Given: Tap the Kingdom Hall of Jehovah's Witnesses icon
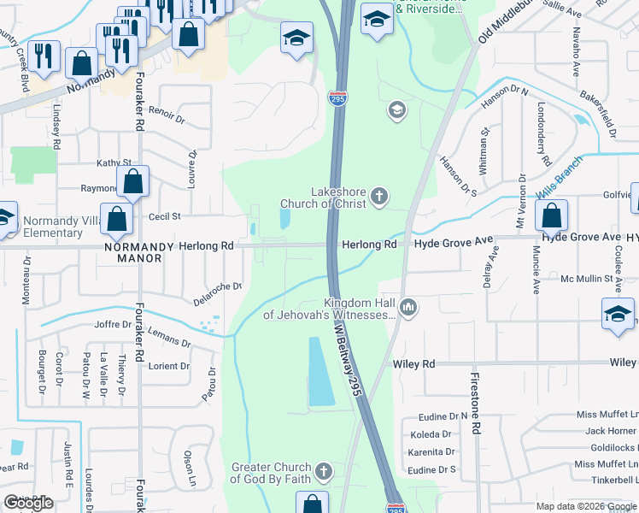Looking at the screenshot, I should click(x=409, y=307).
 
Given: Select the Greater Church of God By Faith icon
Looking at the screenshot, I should click(x=323, y=471).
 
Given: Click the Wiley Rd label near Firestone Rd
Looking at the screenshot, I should click(x=414, y=364).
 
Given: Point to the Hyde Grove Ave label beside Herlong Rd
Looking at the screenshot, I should click(x=454, y=244).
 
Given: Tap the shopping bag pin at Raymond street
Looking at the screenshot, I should click(x=132, y=181).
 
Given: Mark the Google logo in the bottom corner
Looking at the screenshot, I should click(x=28, y=503).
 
